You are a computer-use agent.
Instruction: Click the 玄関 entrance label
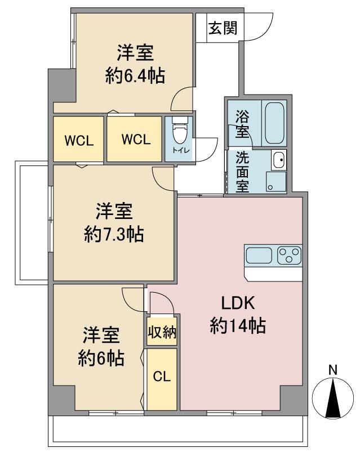[223, 28]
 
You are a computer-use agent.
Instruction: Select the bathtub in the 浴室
[274, 123]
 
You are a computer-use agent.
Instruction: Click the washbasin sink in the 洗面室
[279, 160]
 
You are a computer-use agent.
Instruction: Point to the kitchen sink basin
[259, 256]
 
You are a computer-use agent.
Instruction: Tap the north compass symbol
[333, 399]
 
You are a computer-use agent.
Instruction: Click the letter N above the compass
[333, 370]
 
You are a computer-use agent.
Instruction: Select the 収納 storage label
[162, 332]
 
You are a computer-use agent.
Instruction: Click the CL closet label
[162, 376]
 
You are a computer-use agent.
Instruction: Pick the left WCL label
[79, 141]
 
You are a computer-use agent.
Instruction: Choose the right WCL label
[136, 140]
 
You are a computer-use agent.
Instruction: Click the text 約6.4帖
[135, 77]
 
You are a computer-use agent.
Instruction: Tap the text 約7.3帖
[114, 234]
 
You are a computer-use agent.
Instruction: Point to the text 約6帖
[101, 358]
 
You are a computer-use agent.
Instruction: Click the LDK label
[238, 303]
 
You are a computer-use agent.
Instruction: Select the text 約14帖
[238, 326]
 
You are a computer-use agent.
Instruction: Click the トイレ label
[181, 150]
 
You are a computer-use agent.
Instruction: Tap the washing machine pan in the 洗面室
[276, 182]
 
